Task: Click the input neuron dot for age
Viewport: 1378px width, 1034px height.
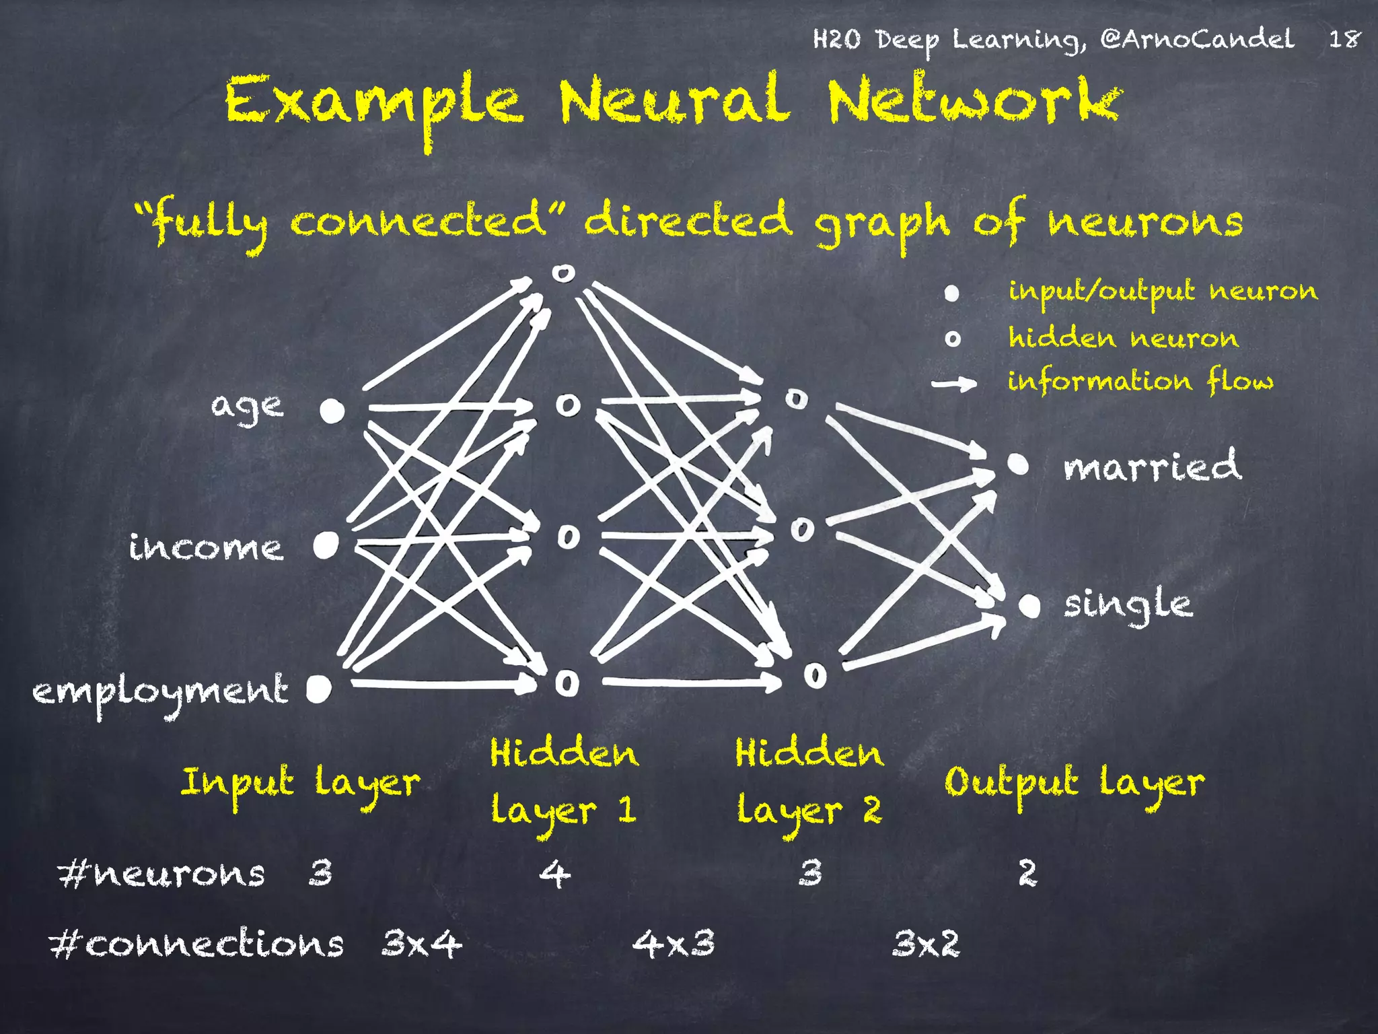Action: pyautogui.click(x=332, y=410)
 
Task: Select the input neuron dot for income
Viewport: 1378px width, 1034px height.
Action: pyautogui.click(x=326, y=545)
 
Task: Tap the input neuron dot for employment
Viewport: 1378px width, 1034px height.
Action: pyautogui.click(x=319, y=689)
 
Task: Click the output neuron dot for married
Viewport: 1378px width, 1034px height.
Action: pyautogui.click(x=1018, y=464)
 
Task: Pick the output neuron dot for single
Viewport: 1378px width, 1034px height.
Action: pyautogui.click(x=1029, y=605)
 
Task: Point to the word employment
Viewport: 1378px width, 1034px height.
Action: pyautogui.click(x=160, y=692)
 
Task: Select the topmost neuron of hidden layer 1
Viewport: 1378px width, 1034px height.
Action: pyautogui.click(x=563, y=273)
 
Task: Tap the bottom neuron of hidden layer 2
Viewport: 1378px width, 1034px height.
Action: pyautogui.click(x=815, y=675)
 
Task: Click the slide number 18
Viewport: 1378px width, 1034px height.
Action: pyautogui.click(x=1344, y=39)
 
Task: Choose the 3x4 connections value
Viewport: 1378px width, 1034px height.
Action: pyautogui.click(x=422, y=943)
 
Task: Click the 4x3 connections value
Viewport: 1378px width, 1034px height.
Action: pyautogui.click(x=674, y=943)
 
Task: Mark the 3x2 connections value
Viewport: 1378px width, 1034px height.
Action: pyautogui.click(x=926, y=943)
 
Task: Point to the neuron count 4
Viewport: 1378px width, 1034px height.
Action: pyautogui.click(x=555, y=874)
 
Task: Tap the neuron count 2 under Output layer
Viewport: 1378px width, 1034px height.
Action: pyautogui.click(x=1027, y=874)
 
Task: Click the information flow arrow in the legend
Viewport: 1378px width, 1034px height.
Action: pyautogui.click(x=954, y=384)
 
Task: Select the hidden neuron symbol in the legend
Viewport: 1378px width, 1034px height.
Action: pyautogui.click(x=953, y=339)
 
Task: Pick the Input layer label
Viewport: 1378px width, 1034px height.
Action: pyautogui.click(x=300, y=784)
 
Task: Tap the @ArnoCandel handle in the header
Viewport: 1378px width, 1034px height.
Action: pyautogui.click(x=1197, y=39)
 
